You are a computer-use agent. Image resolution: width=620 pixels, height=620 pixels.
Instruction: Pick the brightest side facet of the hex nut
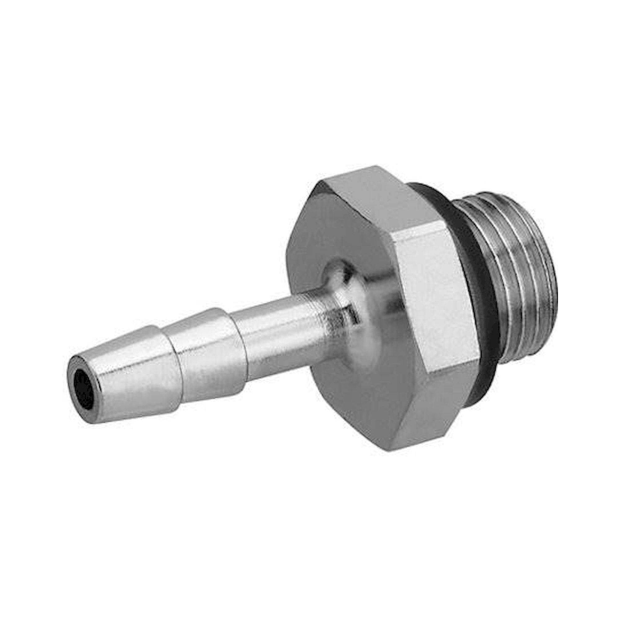click(x=440, y=289)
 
